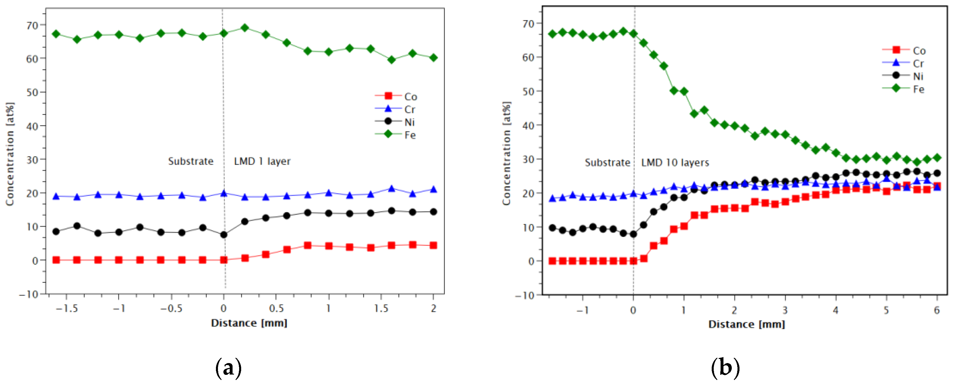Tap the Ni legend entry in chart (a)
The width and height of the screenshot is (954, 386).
(x=396, y=122)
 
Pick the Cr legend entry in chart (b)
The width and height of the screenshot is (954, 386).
(x=903, y=63)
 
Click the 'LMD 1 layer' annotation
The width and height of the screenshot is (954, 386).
(x=262, y=162)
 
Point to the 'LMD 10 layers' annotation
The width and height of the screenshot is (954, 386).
(x=675, y=162)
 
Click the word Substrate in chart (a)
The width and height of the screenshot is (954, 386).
(x=191, y=162)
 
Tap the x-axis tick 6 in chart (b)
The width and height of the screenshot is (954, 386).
(x=937, y=310)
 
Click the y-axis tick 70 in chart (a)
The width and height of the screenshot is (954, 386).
(x=32, y=26)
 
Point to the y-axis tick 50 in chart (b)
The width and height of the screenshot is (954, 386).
(x=528, y=91)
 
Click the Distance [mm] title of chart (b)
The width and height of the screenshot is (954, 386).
(x=746, y=324)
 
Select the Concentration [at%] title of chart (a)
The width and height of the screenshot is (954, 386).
(x=10, y=154)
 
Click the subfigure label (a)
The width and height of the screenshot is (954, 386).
(x=228, y=368)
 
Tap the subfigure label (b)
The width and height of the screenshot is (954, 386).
(x=725, y=368)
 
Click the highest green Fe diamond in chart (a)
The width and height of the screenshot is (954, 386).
(x=244, y=28)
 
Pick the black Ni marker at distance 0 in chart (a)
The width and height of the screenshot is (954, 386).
(x=224, y=234)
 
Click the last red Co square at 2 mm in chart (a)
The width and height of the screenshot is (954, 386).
(x=433, y=245)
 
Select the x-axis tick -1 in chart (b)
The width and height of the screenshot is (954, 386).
(x=582, y=310)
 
